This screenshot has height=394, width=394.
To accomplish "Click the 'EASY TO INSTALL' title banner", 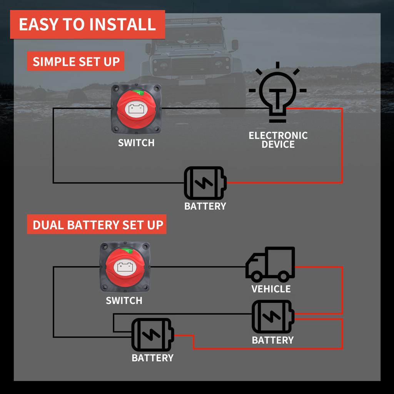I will pos(87,24).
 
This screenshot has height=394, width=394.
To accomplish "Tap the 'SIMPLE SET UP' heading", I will pos(76,62).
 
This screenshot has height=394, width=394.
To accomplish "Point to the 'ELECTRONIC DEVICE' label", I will pos(278,140).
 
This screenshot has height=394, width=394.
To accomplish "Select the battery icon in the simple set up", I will pos(205,182).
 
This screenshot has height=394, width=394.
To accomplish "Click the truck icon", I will pos(270,264).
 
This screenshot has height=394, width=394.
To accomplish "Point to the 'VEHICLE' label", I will pos(271,289).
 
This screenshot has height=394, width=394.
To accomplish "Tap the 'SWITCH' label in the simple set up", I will pos(136,143).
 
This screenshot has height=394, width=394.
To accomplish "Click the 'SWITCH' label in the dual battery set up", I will pos(124,301).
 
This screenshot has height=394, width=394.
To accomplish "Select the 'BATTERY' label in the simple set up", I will pos(205,206).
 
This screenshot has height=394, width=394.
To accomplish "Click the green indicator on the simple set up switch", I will pos(140,93).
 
